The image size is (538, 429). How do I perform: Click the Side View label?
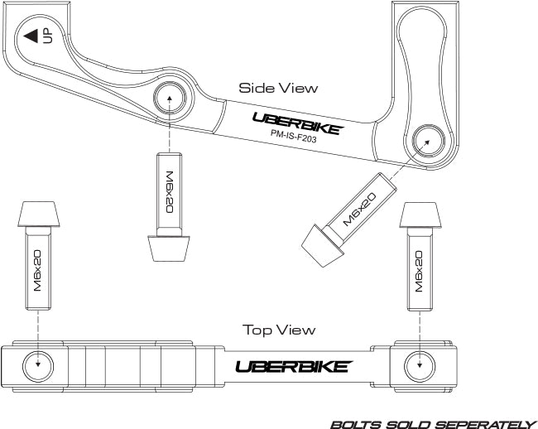(278, 88)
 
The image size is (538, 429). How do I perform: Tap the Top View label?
(279, 330)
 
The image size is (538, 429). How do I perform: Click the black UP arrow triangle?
(31, 36)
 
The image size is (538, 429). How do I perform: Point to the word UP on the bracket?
(48, 36)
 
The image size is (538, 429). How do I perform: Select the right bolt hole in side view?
(429, 141)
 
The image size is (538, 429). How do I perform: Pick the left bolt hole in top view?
(38, 366)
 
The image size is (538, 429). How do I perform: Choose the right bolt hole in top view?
(420, 366)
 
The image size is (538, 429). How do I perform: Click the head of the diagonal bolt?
(322, 245)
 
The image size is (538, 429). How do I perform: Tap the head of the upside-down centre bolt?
(169, 248)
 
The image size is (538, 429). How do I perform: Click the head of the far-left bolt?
(39, 214)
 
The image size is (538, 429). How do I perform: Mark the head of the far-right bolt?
(420, 214)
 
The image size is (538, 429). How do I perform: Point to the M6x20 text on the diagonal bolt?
(359, 209)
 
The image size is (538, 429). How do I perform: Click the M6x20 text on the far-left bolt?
(37, 271)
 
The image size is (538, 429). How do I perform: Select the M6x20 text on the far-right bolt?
(419, 271)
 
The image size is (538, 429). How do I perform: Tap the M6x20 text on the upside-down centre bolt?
(170, 192)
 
